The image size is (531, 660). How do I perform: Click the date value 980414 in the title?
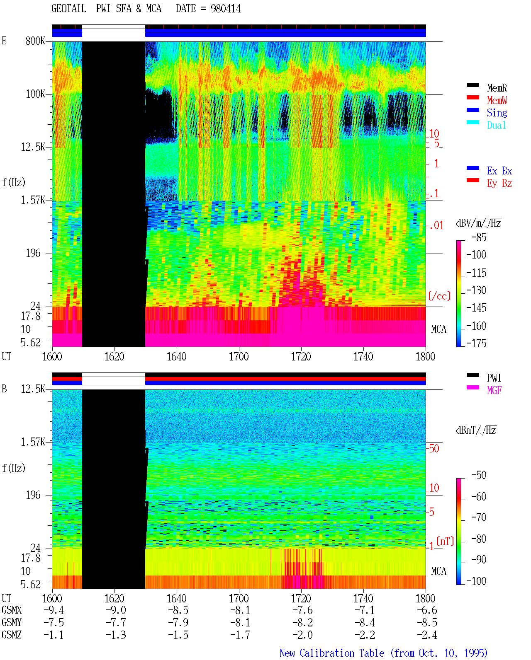226,9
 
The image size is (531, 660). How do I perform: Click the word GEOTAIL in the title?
69,9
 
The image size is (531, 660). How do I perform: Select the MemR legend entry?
497,88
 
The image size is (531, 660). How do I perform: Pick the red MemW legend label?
497,100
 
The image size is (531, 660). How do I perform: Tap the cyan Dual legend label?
496,125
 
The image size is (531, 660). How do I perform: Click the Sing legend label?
497,113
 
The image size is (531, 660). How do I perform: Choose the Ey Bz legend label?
499,184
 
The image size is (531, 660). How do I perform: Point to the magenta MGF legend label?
494,390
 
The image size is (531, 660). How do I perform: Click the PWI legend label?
494,378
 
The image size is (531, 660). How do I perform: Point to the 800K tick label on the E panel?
35,41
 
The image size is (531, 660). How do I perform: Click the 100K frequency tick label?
35,94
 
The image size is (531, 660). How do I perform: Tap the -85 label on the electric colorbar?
479,237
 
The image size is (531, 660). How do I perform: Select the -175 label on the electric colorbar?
476,343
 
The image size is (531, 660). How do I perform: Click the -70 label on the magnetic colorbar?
479,517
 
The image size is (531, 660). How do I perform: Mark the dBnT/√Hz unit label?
476,430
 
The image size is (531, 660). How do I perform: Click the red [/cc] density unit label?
439,296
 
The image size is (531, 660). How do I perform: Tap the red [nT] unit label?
445,541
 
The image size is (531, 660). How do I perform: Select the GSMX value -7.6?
302,610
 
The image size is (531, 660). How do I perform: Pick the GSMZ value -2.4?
427,635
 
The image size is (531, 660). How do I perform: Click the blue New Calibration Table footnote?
384,653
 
